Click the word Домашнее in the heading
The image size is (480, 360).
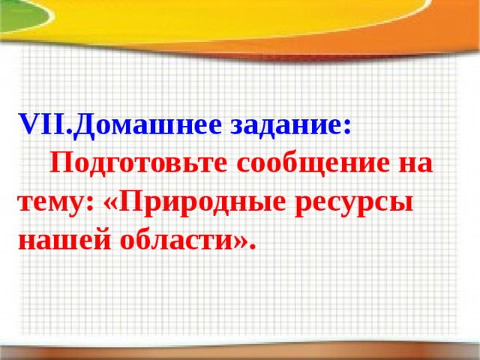[x=143, y=125]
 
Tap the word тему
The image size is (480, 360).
[x=49, y=202]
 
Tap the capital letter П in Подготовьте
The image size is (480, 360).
[x=60, y=163]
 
